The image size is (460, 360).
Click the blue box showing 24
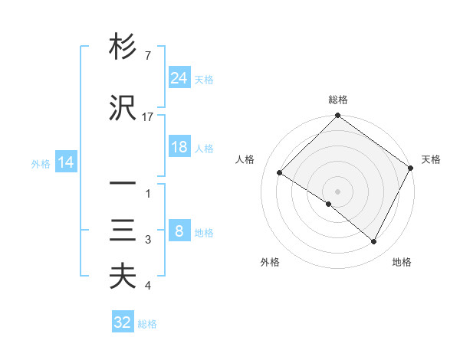click(179, 78)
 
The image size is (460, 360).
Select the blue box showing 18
click(179, 147)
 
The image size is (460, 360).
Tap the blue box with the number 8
click(179, 231)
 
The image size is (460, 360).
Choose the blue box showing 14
click(66, 162)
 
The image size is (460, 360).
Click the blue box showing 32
click(123, 322)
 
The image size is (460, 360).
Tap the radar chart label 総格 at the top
click(337, 100)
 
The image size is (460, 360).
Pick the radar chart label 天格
click(431, 159)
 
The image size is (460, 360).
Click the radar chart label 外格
click(270, 262)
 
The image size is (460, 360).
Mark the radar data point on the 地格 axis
click(374, 242)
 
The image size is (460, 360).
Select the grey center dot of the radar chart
click(337, 191)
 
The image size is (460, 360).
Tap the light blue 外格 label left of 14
click(41, 163)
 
